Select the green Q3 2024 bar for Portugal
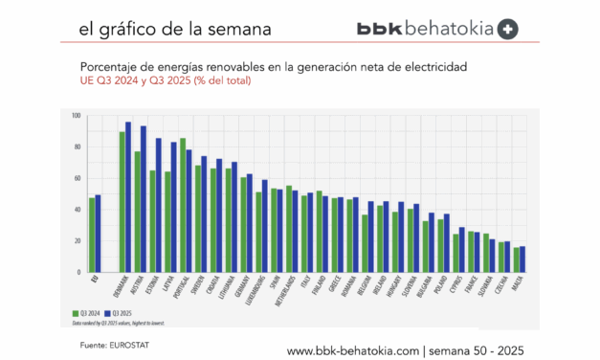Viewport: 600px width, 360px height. (x=183, y=206)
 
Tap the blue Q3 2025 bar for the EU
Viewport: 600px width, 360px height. (x=98, y=234)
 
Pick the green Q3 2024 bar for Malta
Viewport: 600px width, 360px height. (x=516, y=259)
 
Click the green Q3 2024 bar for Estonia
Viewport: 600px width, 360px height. (x=152, y=221)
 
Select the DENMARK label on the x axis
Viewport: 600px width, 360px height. (x=122, y=288)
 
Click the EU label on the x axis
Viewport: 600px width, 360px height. (x=93, y=280)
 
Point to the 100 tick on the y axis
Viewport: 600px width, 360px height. (x=76, y=116)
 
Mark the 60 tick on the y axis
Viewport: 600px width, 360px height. (x=77, y=179)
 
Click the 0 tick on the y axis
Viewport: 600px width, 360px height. (x=78, y=273)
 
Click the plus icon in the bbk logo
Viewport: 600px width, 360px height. (x=510, y=29)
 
